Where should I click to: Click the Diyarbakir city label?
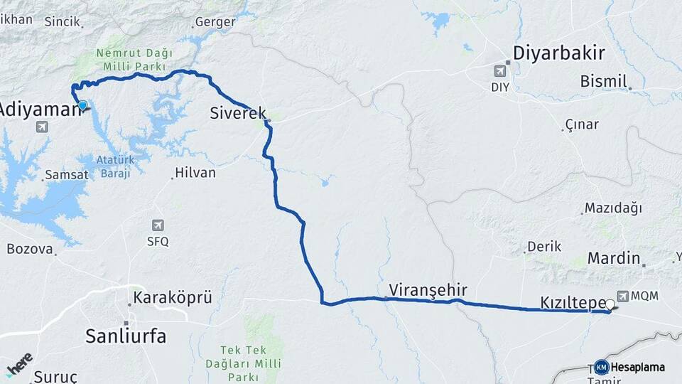pos(558,53)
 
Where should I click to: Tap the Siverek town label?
pos(237,112)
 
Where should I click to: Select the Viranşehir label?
pos(428,290)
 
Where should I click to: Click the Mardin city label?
pos(614,258)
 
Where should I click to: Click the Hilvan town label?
pos(195,173)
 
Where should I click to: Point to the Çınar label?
pos(582,125)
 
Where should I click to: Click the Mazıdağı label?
pos(613,208)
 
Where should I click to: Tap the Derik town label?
pos(544,247)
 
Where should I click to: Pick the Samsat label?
pos(65,174)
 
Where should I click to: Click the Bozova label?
pos(30,249)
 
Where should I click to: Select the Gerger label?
pos(214,22)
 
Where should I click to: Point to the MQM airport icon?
pos(623,295)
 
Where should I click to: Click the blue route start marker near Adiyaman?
pos(82,105)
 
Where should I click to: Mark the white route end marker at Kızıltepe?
pos(610,304)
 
